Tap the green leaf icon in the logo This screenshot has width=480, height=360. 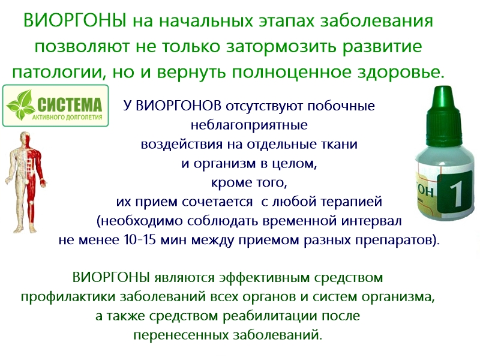click(22, 106)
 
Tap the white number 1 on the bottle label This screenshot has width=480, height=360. click(457, 194)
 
